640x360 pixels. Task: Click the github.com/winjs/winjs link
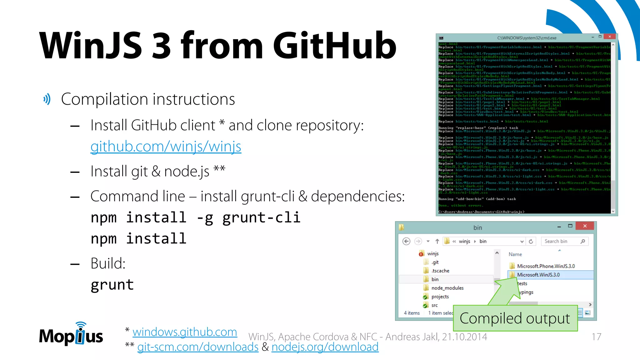[166, 146]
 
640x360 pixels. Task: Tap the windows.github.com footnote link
[185, 332]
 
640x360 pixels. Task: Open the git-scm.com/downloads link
[198, 347]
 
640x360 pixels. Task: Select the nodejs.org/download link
[325, 347]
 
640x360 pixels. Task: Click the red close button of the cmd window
[609, 37]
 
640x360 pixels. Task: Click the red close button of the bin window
[585, 226]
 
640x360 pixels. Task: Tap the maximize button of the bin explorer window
[570, 226]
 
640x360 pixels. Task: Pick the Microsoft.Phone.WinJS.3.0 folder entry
[546, 266]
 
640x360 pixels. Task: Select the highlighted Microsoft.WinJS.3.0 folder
[538, 275]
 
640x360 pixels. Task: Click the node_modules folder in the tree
[447, 288]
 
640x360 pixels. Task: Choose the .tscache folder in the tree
[440, 271]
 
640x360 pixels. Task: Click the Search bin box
[561, 241]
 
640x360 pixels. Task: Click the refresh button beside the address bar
[531, 241]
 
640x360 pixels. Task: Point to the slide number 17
[596, 337]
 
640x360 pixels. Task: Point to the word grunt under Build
[112, 285]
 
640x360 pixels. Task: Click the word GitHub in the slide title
[334, 45]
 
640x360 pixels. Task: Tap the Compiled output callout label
[515, 318]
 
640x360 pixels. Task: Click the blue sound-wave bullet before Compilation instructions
[47, 99]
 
